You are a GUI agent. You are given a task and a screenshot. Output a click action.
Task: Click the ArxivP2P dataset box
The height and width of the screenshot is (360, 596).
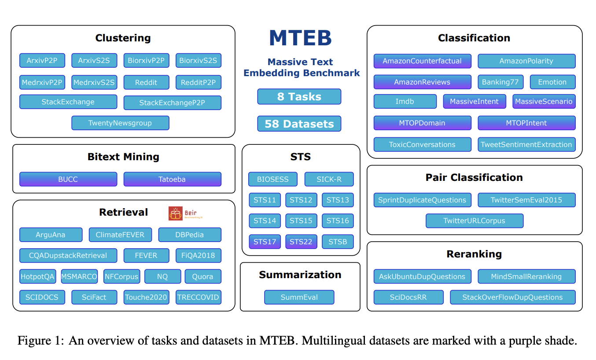click(x=42, y=61)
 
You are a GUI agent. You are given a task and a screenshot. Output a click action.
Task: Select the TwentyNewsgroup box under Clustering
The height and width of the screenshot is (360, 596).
click(x=120, y=123)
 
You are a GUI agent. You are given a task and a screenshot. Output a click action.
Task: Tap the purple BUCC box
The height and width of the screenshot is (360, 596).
click(x=68, y=179)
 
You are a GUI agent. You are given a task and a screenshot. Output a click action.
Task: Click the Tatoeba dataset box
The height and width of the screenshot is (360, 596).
click(x=172, y=179)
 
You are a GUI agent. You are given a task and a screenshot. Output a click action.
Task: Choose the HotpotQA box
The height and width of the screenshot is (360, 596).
click(x=37, y=277)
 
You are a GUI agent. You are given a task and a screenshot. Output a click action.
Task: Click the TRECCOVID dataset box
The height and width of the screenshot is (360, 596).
click(x=198, y=297)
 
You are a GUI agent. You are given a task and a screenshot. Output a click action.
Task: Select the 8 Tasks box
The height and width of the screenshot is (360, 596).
click(x=299, y=97)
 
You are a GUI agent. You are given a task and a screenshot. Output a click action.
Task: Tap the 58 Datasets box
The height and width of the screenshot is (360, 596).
click(x=299, y=124)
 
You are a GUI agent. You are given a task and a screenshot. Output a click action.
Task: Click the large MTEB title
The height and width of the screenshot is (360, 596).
click(x=300, y=38)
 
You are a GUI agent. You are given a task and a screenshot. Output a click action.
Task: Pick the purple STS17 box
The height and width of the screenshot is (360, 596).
click(x=265, y=242)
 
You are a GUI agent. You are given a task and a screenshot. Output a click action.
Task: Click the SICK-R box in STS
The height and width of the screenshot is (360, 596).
click(x=329, y=179)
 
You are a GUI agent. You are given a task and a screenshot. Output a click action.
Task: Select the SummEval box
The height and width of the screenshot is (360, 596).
click(x=299, y=297)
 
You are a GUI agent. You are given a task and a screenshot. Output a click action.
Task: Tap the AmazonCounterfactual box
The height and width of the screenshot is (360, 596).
click(x=422, y=61)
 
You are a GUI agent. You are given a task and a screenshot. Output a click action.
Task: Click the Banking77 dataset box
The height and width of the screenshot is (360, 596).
click(x=500, y=82)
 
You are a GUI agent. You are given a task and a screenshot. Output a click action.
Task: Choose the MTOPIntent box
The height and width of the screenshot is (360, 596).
click(x=526, y=123)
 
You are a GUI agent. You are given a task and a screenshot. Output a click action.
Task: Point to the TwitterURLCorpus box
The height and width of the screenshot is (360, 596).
click(x=474, y=221)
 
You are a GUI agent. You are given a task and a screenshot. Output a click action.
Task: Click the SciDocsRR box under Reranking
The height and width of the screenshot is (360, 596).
click(x=408, y=297)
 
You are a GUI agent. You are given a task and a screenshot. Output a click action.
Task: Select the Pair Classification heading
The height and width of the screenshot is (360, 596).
click(x=474, y=177)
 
